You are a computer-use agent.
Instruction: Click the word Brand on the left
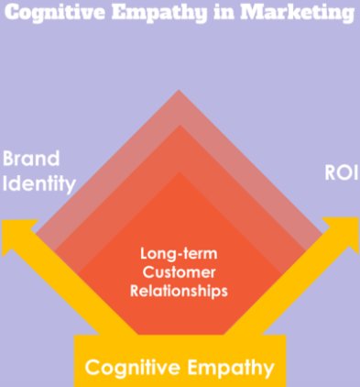[31, 158]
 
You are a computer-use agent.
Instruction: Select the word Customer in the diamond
[179, 272]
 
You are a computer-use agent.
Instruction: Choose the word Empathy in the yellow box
[231, 369]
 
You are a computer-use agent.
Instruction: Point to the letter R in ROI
[328, 171]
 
